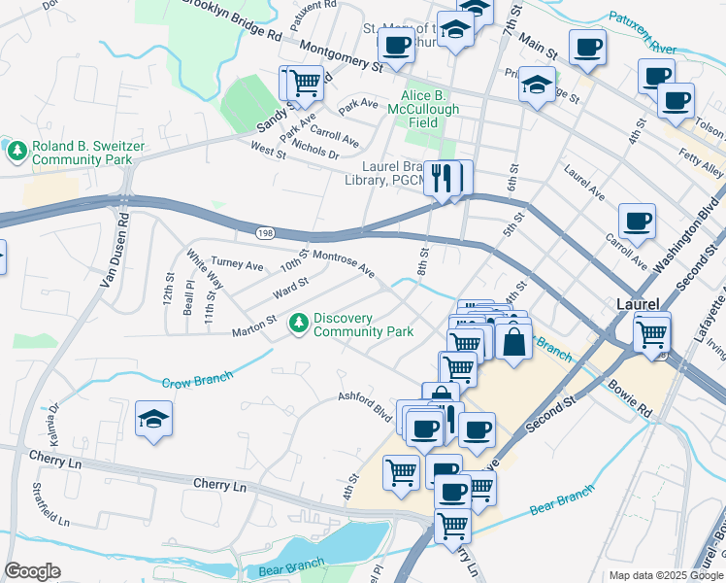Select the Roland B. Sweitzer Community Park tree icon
click(16, 150)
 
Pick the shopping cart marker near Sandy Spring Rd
click(305, 83)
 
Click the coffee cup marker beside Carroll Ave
click(637, 222)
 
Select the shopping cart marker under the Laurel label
click(652, 335)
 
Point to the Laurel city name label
click(638, 304)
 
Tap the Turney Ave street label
click(238, 264)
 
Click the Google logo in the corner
click(33, 571)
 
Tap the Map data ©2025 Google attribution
click(666, 575)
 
